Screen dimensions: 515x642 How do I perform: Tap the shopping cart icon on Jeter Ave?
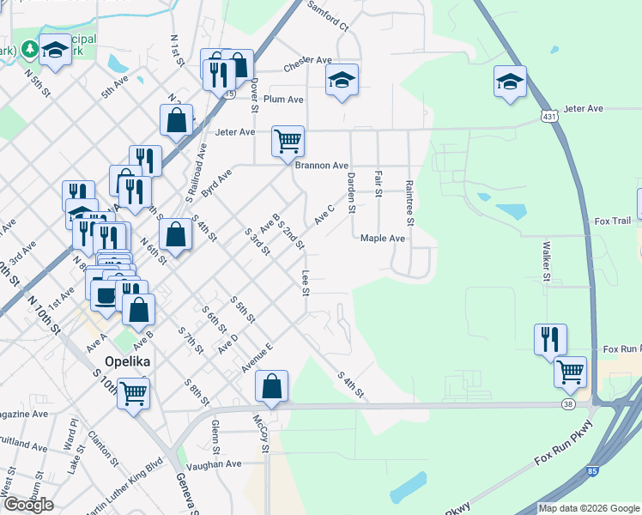(288, 140)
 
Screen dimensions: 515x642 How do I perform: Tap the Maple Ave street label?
(383, 239)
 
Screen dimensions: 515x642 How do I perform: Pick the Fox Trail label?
(613, 221)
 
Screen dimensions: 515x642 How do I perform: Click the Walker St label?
(545, 260)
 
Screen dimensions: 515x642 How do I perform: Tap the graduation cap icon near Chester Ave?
(342, 81)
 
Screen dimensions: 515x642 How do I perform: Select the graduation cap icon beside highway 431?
(510, 82)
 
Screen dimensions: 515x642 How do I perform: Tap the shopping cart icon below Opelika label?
(133, 394)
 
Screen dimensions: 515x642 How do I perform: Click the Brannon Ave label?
(322, 166)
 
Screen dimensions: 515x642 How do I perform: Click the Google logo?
(28, 505)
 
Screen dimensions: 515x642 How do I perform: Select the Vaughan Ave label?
(216, 464)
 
